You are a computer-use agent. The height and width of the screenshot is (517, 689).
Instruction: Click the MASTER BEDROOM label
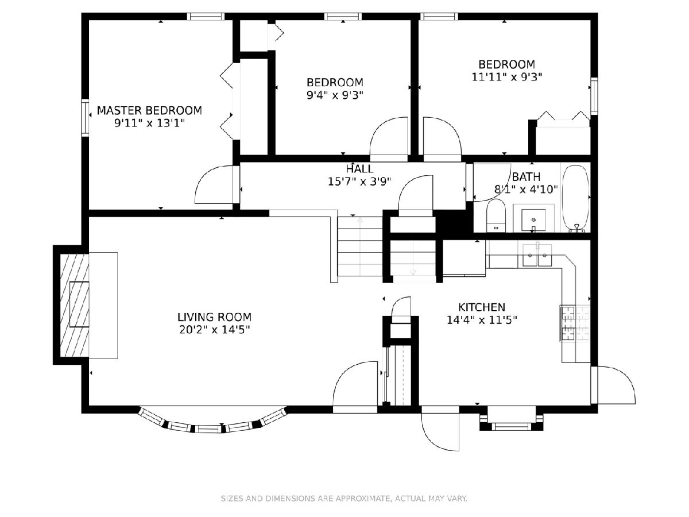[149, 110]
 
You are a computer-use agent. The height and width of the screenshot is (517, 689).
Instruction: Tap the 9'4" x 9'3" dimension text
[335, 95]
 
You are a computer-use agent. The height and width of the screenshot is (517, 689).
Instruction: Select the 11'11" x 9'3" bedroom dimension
[507, 77]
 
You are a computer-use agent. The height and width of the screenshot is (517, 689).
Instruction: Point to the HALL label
[359, 169]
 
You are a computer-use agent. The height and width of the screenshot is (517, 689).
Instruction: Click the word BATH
[526, 177]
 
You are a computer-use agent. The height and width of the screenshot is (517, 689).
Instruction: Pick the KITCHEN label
[482, 307]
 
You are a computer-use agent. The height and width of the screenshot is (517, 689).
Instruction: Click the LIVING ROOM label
[214, 317]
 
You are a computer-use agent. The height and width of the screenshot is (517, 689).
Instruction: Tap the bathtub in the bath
[575, 199]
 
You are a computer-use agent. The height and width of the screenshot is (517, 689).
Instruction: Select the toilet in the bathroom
[496, 215]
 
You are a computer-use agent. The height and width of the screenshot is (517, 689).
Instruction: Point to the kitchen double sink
[537, 255]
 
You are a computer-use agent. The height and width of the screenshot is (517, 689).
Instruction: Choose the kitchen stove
[575, 323]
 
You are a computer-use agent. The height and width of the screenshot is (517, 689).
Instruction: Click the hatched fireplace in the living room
[75, 305]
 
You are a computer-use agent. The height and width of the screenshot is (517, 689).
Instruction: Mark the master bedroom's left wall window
[86, 118]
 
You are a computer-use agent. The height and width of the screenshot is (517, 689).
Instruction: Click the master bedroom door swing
[216, 184]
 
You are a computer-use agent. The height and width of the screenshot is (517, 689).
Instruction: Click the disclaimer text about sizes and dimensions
[344, 498]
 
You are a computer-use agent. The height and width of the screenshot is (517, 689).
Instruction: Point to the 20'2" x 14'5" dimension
[214, 330]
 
